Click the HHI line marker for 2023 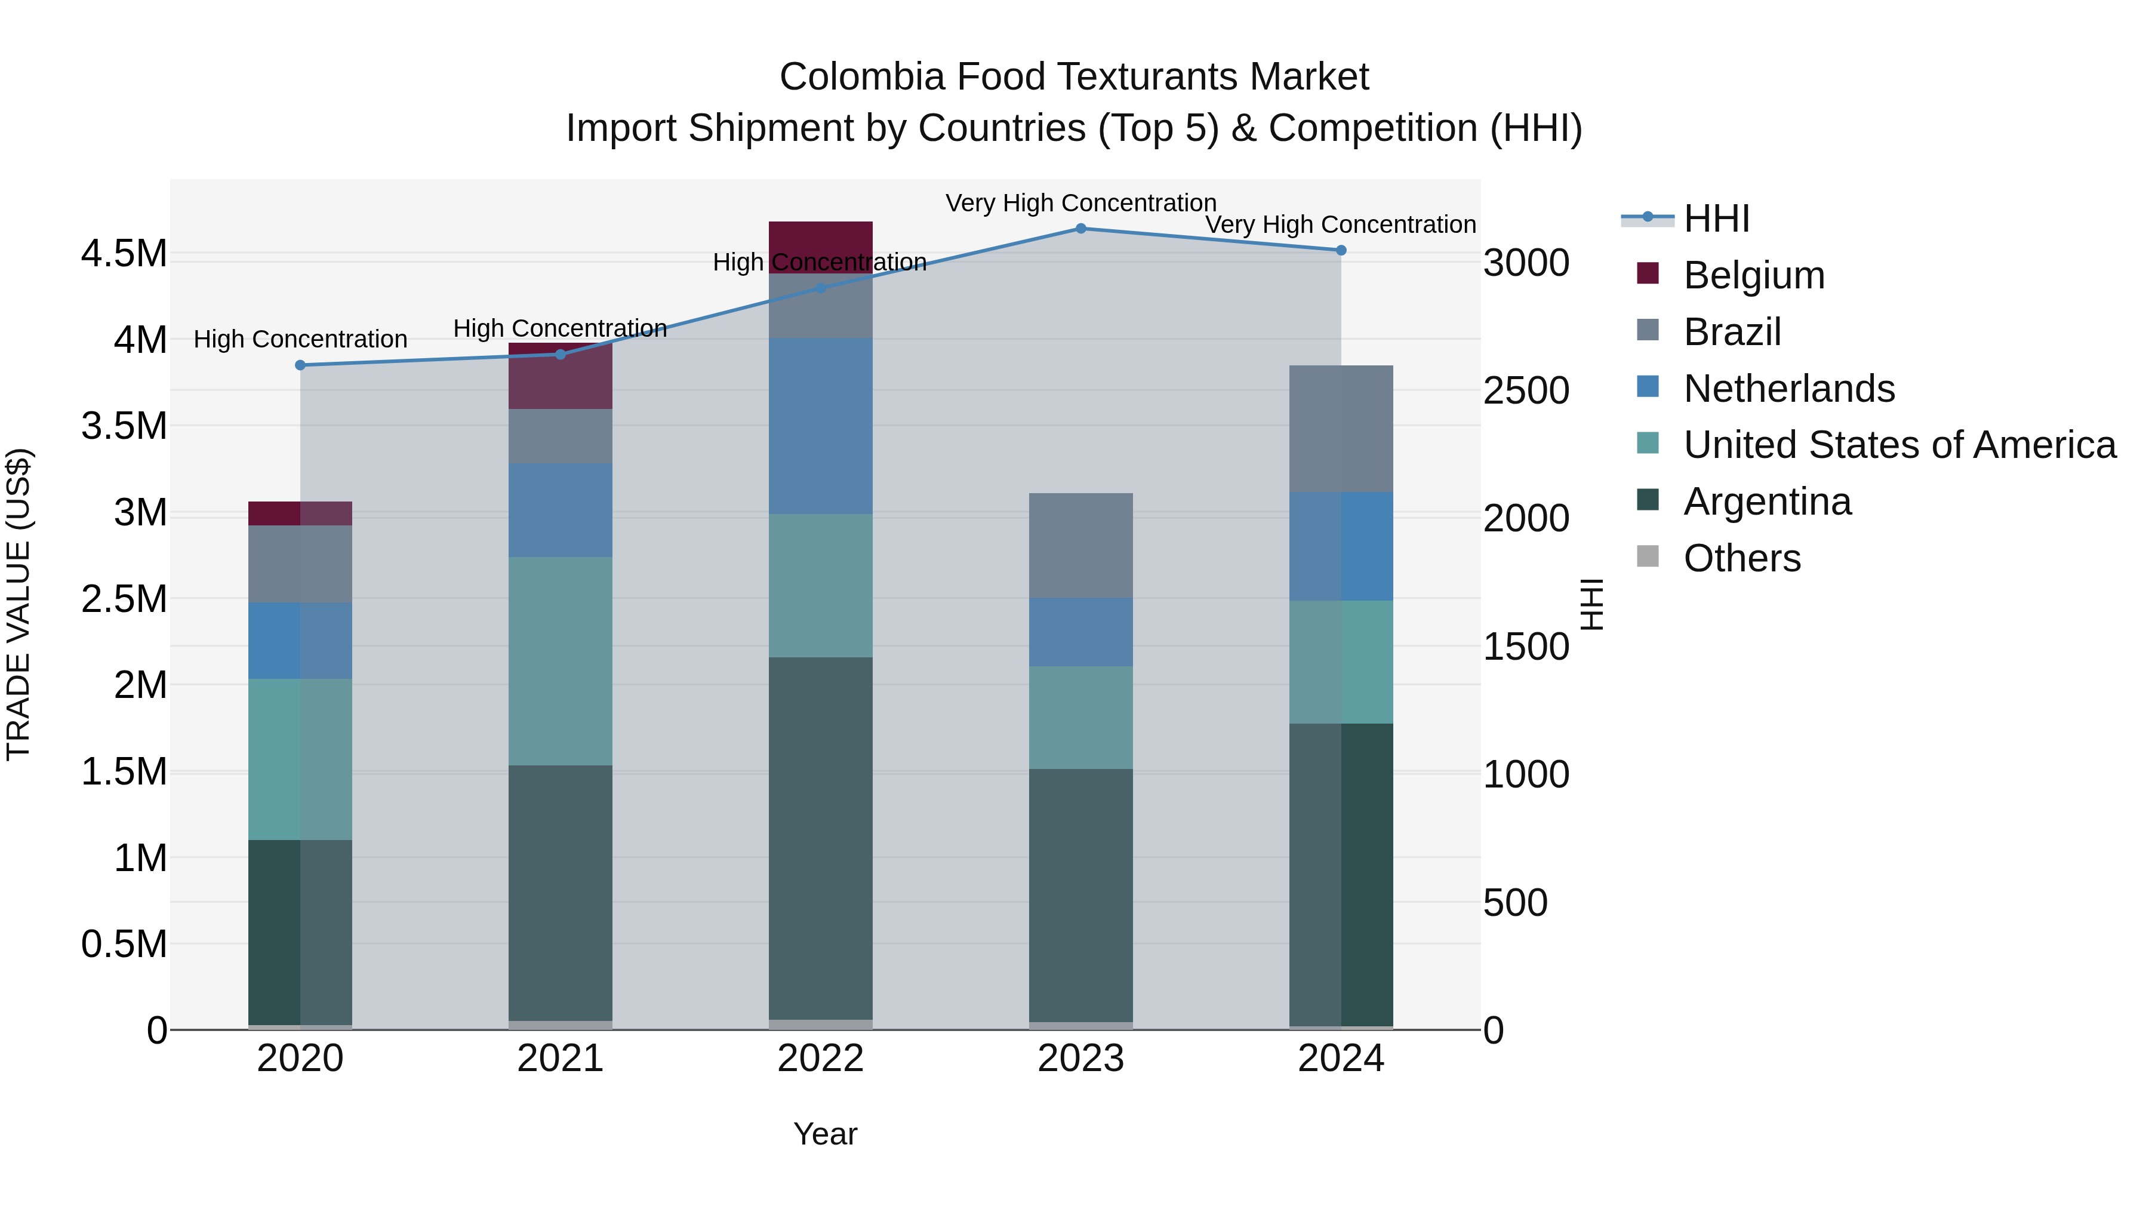[1080, 228]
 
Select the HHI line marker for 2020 [300, 365]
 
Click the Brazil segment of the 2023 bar [1080, 545]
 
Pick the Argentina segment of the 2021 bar [560, 893]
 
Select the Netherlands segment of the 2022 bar [820, 426]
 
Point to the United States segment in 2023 [1080, 718]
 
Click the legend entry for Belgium [1754, 275]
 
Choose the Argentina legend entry [1767, 502]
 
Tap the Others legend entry [1742, 558]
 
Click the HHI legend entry [1716, 219]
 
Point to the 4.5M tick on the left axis [124, 254]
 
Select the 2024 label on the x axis [1341, 1059]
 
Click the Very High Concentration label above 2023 [1080, 203]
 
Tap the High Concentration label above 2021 [560, 328]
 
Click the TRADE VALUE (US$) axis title [19, 604]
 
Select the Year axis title [825, 1134]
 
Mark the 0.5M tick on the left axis [124, 945]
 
